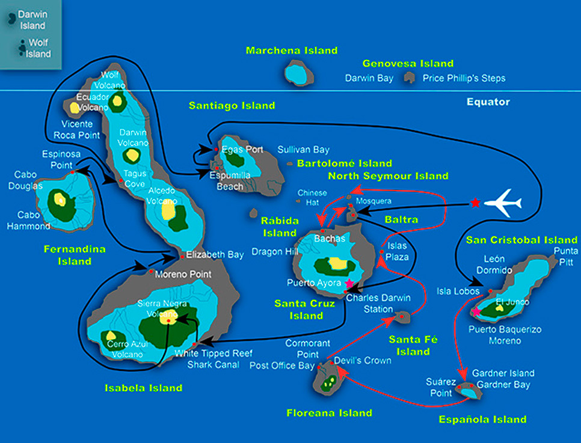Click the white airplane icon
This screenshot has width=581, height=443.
503,203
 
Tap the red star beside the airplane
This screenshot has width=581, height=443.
476,203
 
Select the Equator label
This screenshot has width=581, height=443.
488,102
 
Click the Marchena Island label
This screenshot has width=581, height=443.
292,50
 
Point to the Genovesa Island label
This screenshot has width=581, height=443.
408,63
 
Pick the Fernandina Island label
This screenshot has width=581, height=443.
75,255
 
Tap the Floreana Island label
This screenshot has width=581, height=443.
329,413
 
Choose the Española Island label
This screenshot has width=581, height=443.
483,420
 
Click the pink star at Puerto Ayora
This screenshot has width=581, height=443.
349,283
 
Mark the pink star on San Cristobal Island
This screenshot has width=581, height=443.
476,311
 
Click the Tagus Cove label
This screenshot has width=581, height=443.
135,178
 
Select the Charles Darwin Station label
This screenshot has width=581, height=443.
378,304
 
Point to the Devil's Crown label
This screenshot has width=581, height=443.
362,361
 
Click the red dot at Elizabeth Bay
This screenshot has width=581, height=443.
182,257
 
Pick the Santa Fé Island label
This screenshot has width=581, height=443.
413,345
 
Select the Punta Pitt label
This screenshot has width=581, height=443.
565,256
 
